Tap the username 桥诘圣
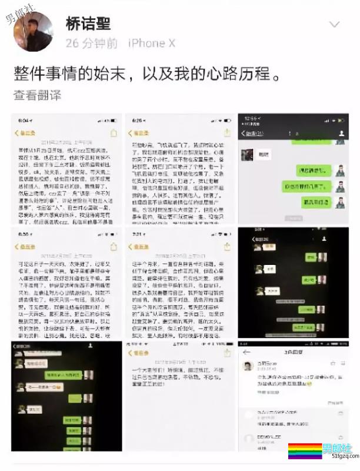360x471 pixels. (88, 24)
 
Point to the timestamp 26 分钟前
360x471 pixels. (91, 44)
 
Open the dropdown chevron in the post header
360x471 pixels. (334, 25)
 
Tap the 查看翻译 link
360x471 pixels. (38, 95)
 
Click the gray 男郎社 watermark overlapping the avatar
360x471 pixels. (20, 12)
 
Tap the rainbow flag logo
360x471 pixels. (304, 452)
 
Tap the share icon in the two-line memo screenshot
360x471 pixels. (226, 353)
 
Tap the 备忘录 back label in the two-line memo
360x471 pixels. (141, 353)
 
